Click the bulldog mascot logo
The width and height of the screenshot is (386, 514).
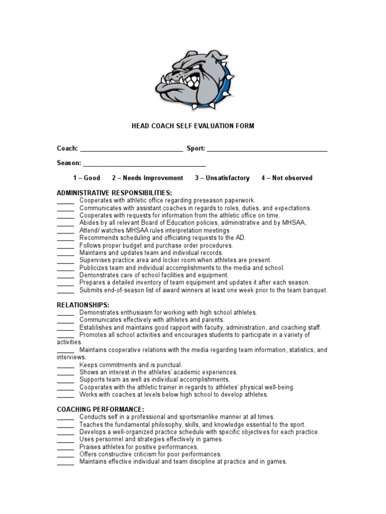tap(194, 80)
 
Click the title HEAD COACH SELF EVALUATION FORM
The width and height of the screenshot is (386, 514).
tap(193, 126)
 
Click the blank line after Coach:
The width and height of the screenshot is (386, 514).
tap(132, 149)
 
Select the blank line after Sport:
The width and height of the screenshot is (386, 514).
tap(267, 149)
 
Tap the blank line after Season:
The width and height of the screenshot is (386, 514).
tap(144, 164)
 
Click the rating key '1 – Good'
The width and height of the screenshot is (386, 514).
tap(86, 178)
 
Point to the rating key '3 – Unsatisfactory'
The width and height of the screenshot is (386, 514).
tap(222, 178)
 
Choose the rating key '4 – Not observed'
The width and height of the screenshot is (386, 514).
tap(286, 178)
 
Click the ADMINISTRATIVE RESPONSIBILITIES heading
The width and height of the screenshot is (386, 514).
tap(114, 193)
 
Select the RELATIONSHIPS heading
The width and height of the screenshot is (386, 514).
tap(83, 305)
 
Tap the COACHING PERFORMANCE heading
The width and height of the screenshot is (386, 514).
tap(101, 409)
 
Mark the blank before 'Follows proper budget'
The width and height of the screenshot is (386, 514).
tap(65, 246)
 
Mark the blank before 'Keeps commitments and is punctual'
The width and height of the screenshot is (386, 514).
tap(65, 365)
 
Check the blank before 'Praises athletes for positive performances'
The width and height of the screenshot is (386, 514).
tap(65, 447)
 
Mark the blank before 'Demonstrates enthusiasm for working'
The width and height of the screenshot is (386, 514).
tap(65, 312)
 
